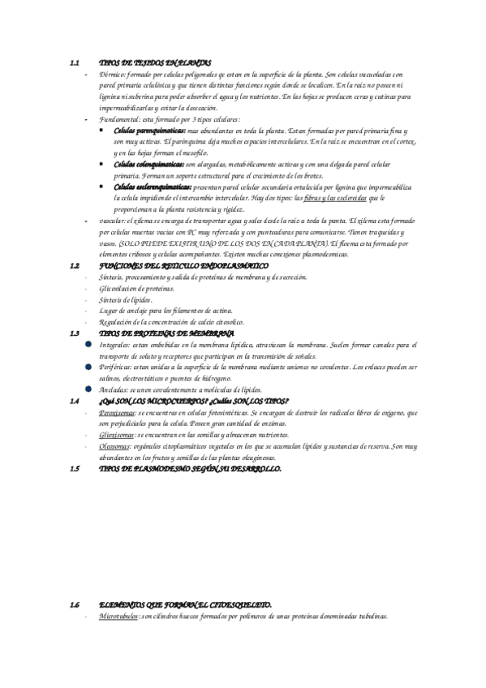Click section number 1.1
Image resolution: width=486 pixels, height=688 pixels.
(74, 62)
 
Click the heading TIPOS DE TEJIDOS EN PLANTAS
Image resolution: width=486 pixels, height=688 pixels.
(155, 62)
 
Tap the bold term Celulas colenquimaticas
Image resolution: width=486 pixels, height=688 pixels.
(149, 164)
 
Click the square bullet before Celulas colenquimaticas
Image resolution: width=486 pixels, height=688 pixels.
(101, 164)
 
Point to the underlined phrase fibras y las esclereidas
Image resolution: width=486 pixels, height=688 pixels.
(335, 198)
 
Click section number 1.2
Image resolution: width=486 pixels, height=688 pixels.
(74, 265)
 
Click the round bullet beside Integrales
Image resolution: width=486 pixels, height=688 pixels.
(88, 345)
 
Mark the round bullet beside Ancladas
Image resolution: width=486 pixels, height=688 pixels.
(88, 389)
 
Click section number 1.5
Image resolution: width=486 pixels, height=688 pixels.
(74, 469)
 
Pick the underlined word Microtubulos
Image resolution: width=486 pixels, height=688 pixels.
(118, 617)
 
